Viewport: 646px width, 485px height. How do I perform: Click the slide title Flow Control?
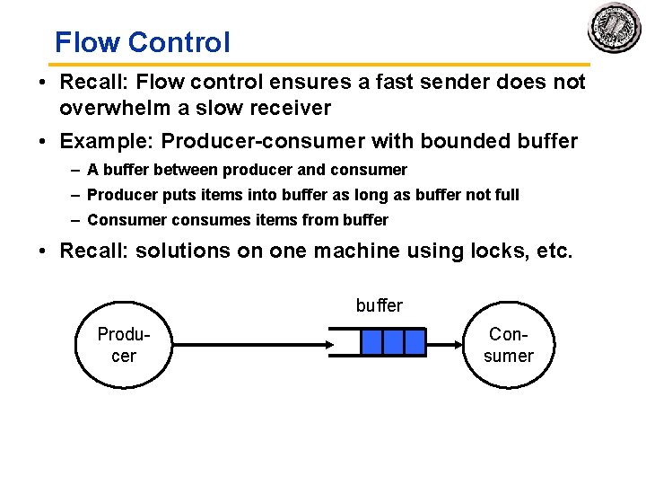pos(142,42)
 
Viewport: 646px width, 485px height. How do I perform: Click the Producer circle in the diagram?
pos(123,345)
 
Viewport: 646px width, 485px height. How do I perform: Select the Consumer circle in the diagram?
pos(509,345)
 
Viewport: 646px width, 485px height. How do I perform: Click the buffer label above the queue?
pos(379,305)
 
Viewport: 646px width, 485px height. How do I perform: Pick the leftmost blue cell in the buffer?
pos(371,342)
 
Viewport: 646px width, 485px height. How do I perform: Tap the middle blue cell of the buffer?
pos(393,342)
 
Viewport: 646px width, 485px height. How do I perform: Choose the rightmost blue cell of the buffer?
pos(415,342)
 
